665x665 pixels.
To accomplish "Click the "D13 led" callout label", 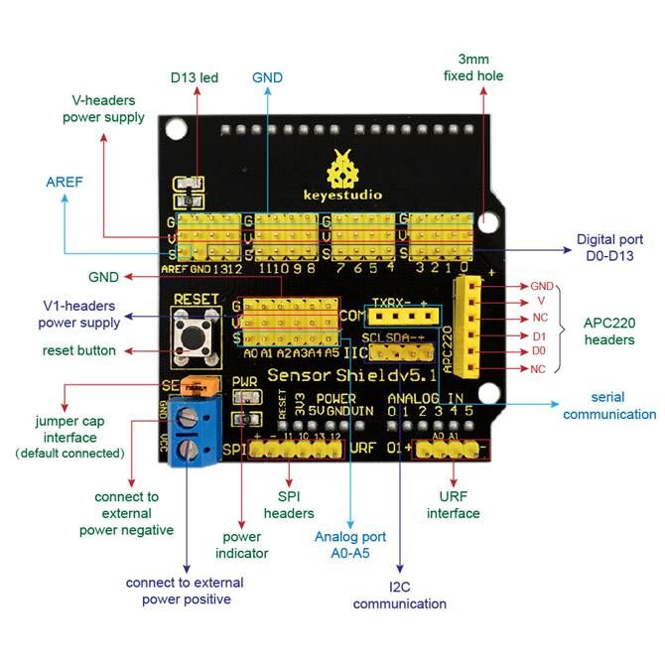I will click(x=193, y=77).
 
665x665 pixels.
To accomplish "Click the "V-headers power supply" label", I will click(x=103, y=108).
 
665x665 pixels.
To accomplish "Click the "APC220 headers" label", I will click(x=608, y=332).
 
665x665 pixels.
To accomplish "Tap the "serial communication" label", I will click(x=609, y=406).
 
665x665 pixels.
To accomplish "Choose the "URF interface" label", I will click(x=453, y=505).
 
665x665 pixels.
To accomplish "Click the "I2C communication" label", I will click(x=399, y=595).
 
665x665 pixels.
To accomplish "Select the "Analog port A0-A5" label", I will click(x=350, y=544).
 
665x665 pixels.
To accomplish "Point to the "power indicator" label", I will click(x=242, y=545).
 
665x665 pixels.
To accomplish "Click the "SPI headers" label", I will click(x=288, y=505).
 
